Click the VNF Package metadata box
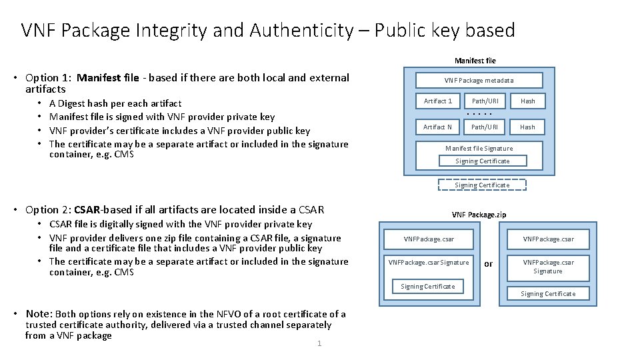coord(479,81)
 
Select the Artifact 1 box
coord(437,101)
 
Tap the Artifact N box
coord(437,127)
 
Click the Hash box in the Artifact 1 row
coord(527,101)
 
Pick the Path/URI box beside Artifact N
coord(485,127)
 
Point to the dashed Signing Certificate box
coord(482,185)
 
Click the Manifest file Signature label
coord(479,149)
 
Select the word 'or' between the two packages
coord(489,264)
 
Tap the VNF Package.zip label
coord(479,215)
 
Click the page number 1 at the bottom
coord(319,343)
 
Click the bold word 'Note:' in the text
coord(39,313)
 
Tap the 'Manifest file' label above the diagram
coord(475,61)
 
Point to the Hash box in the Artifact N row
coord(527,127)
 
